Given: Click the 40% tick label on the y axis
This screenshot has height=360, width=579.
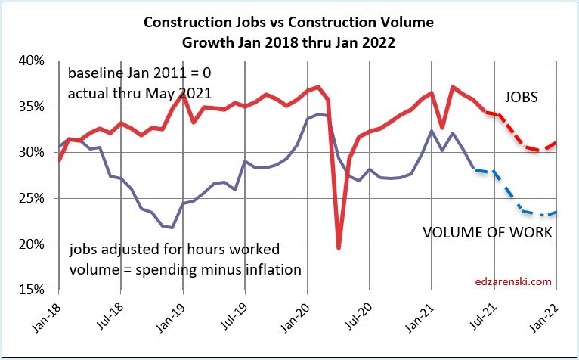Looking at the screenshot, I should coord(37,61).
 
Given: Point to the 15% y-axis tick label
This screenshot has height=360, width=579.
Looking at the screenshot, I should coord(37,290).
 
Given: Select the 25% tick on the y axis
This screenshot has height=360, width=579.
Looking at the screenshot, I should coord(37,198).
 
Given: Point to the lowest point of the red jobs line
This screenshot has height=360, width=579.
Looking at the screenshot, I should coord(339,247).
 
